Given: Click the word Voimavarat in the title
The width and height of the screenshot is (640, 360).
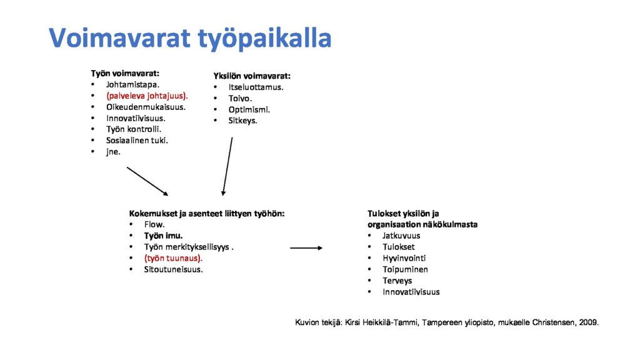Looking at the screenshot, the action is coord(120,38).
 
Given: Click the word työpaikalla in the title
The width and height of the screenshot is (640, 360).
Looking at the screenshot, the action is coord(264,39).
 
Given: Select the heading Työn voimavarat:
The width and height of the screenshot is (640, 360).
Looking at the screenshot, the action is coord(125,74).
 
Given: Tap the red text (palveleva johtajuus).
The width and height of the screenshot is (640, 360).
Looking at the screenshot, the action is coord(147,96).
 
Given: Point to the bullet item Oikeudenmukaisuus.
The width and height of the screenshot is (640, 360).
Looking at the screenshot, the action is coord(146,107).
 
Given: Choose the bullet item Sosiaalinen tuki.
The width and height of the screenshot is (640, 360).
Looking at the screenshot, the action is coord(137,141).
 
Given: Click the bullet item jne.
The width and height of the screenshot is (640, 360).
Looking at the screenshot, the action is coord(113,152).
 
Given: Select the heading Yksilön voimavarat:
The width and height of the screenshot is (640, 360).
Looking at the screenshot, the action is coord(252,76).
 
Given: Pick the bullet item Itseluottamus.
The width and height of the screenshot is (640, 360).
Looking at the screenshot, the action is coord(256,87).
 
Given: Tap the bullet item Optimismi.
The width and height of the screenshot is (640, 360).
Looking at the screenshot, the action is coord(249,110).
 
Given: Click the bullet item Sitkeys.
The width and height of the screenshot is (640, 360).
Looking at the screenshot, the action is coord(243,121).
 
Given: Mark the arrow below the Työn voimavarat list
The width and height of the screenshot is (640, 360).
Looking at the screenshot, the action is coord(147,181).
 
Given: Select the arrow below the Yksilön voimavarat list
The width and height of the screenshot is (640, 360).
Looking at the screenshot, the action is coord(227,166).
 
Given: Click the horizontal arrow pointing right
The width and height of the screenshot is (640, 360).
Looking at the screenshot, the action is coord(306,247).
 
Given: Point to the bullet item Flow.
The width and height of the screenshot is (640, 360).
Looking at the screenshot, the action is coord(154,224).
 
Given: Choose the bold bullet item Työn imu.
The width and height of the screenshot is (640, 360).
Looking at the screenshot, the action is coord(163,236).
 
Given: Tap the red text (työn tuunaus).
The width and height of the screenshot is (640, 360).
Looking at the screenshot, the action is coord(173,258).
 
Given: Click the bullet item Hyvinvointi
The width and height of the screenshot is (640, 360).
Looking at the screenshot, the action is coord(404,258).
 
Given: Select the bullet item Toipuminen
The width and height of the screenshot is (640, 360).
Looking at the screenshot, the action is coord(405,269).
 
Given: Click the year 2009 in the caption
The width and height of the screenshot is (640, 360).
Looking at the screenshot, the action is coord(589,322).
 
